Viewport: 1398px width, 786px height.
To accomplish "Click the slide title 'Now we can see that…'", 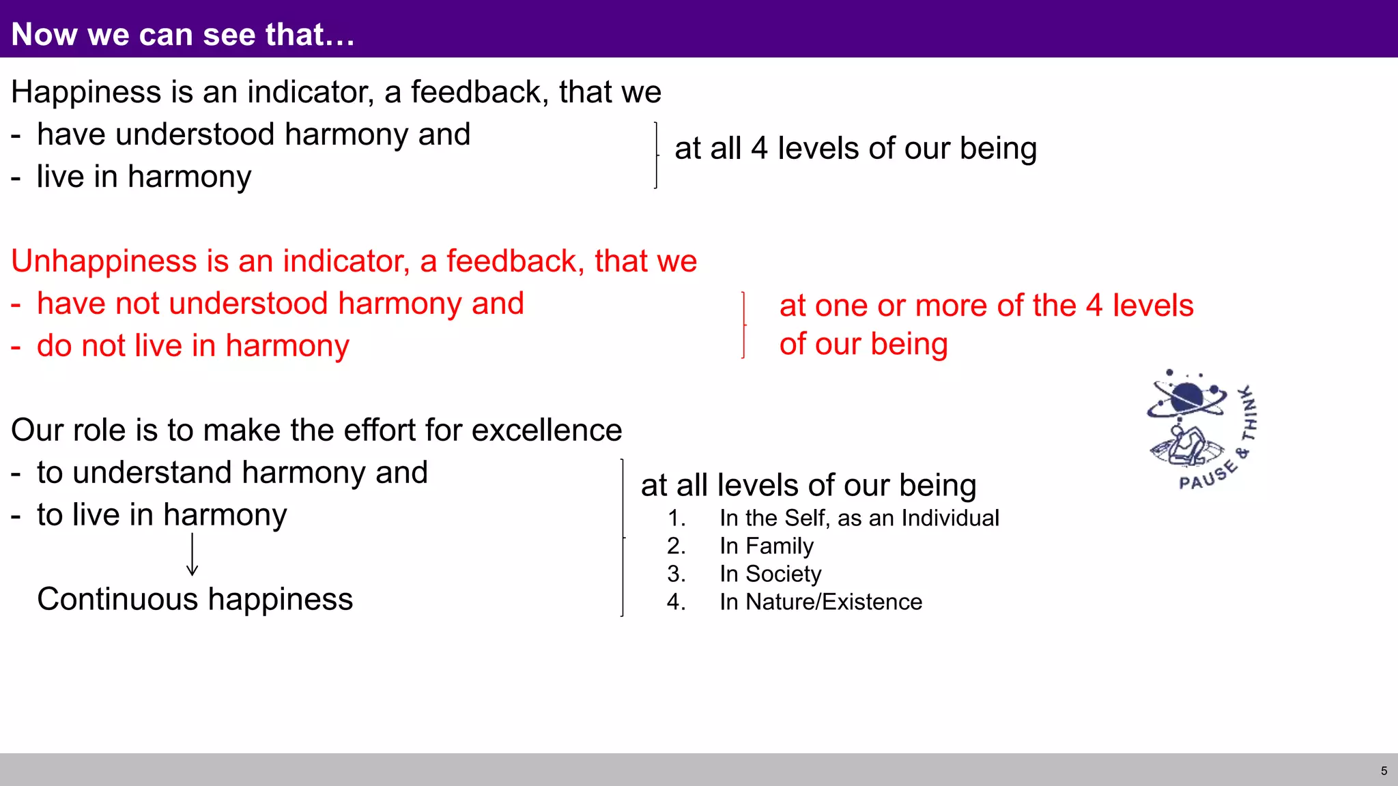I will [183, 34].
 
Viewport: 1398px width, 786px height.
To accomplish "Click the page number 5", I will [1384, 771].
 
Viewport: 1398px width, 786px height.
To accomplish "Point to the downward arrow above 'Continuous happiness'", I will [192, 554].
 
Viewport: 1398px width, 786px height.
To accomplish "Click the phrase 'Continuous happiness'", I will [195, 599].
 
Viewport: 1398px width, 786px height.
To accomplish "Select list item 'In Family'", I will [766, 546].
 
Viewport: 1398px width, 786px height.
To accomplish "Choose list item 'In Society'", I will [770, 574].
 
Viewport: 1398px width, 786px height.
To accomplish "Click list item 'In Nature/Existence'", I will [821, 602].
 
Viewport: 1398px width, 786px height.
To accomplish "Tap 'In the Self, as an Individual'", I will [859, 518].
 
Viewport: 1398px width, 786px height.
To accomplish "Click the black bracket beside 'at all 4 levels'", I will [656, 156].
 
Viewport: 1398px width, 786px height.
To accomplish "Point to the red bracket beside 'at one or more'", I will [743, 325].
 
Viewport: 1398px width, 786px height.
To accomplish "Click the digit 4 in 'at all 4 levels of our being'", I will [759, 149].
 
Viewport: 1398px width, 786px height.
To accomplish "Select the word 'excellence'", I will [546, 431].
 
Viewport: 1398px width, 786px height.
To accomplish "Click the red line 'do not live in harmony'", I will [192, 346].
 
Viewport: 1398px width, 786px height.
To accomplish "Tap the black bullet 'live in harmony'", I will [143, 177].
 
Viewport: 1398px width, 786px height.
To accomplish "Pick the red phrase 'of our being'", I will [864, 344].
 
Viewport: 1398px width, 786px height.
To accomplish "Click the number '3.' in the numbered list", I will [676, 574].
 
